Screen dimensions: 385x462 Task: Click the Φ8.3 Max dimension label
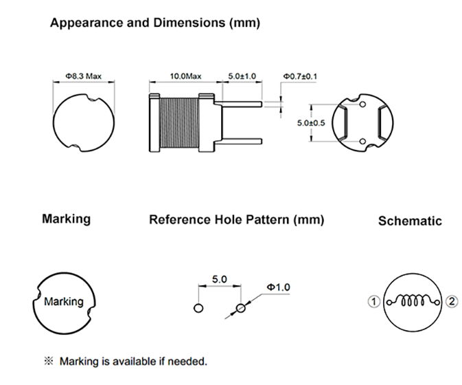[x=83, y=76]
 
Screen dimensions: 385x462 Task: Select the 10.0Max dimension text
[x=185, y=76]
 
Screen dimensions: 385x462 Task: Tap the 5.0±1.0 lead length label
[x=240, y=76]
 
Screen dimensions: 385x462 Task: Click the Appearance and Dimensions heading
[x=155, y=23]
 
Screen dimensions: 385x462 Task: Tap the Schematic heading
[x=410, y=221]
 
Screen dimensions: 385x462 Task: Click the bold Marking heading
[x=66, y=219]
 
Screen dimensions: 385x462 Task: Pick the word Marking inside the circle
[x=63, y=301]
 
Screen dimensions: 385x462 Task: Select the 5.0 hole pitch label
[x=219, y=280]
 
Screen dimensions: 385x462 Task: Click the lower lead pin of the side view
[x=240, y=140]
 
